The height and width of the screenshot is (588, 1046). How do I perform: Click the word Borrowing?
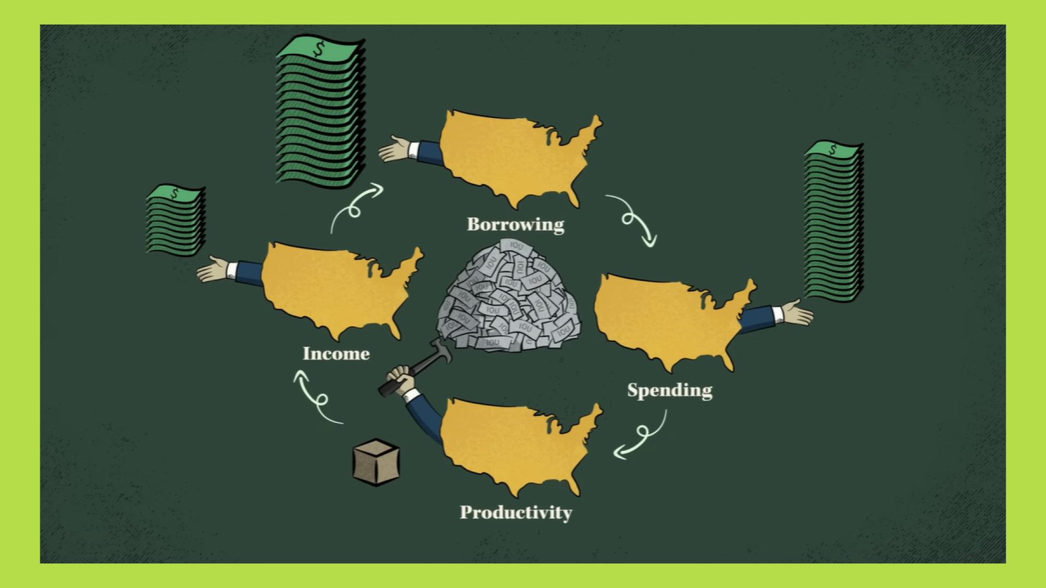point(515,224)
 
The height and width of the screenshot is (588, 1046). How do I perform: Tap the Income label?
point(336,354)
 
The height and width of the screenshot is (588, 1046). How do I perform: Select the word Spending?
point(670,390)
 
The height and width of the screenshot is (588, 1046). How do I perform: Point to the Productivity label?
point(516,513)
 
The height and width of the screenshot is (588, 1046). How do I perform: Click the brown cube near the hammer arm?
point(376,463)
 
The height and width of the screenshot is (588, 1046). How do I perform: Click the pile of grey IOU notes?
point(509,299)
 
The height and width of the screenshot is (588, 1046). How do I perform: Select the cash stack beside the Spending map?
point(834,220)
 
